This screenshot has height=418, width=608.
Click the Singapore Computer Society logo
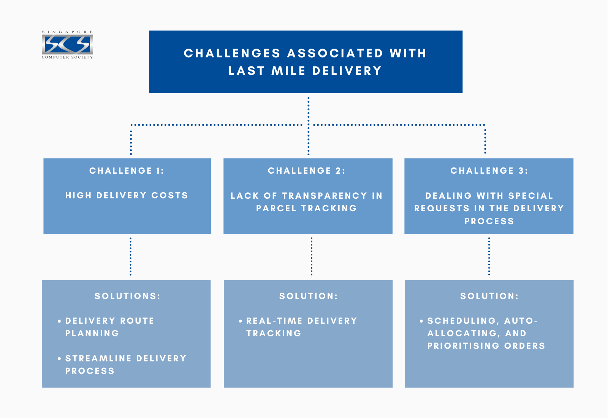[x=67, y=45]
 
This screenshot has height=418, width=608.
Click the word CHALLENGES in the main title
[x=232, y=53]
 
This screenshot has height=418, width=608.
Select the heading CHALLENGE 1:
[x=127, y=171]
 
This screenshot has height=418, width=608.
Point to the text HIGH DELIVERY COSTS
[x=127, y=195]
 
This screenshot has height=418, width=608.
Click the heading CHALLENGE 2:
[x=307, y=171]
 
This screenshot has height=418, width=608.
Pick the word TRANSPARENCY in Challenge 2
[x=325, y=196]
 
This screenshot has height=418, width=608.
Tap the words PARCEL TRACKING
[x=307, y=208]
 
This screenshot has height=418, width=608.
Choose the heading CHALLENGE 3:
[x=489, y=171]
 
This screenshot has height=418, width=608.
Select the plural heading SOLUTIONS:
[x=127, y=296]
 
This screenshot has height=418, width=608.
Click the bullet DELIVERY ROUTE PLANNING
[x=109, y=327]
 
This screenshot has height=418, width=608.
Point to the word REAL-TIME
[x=274, y=321]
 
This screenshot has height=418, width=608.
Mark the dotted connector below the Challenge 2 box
[x=312, y=257]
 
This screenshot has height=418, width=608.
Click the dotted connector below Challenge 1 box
[x=131, y=257]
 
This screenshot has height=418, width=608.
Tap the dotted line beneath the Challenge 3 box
[x=489, y=257]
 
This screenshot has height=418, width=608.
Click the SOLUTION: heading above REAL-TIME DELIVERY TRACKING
[x=308, y=296]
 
